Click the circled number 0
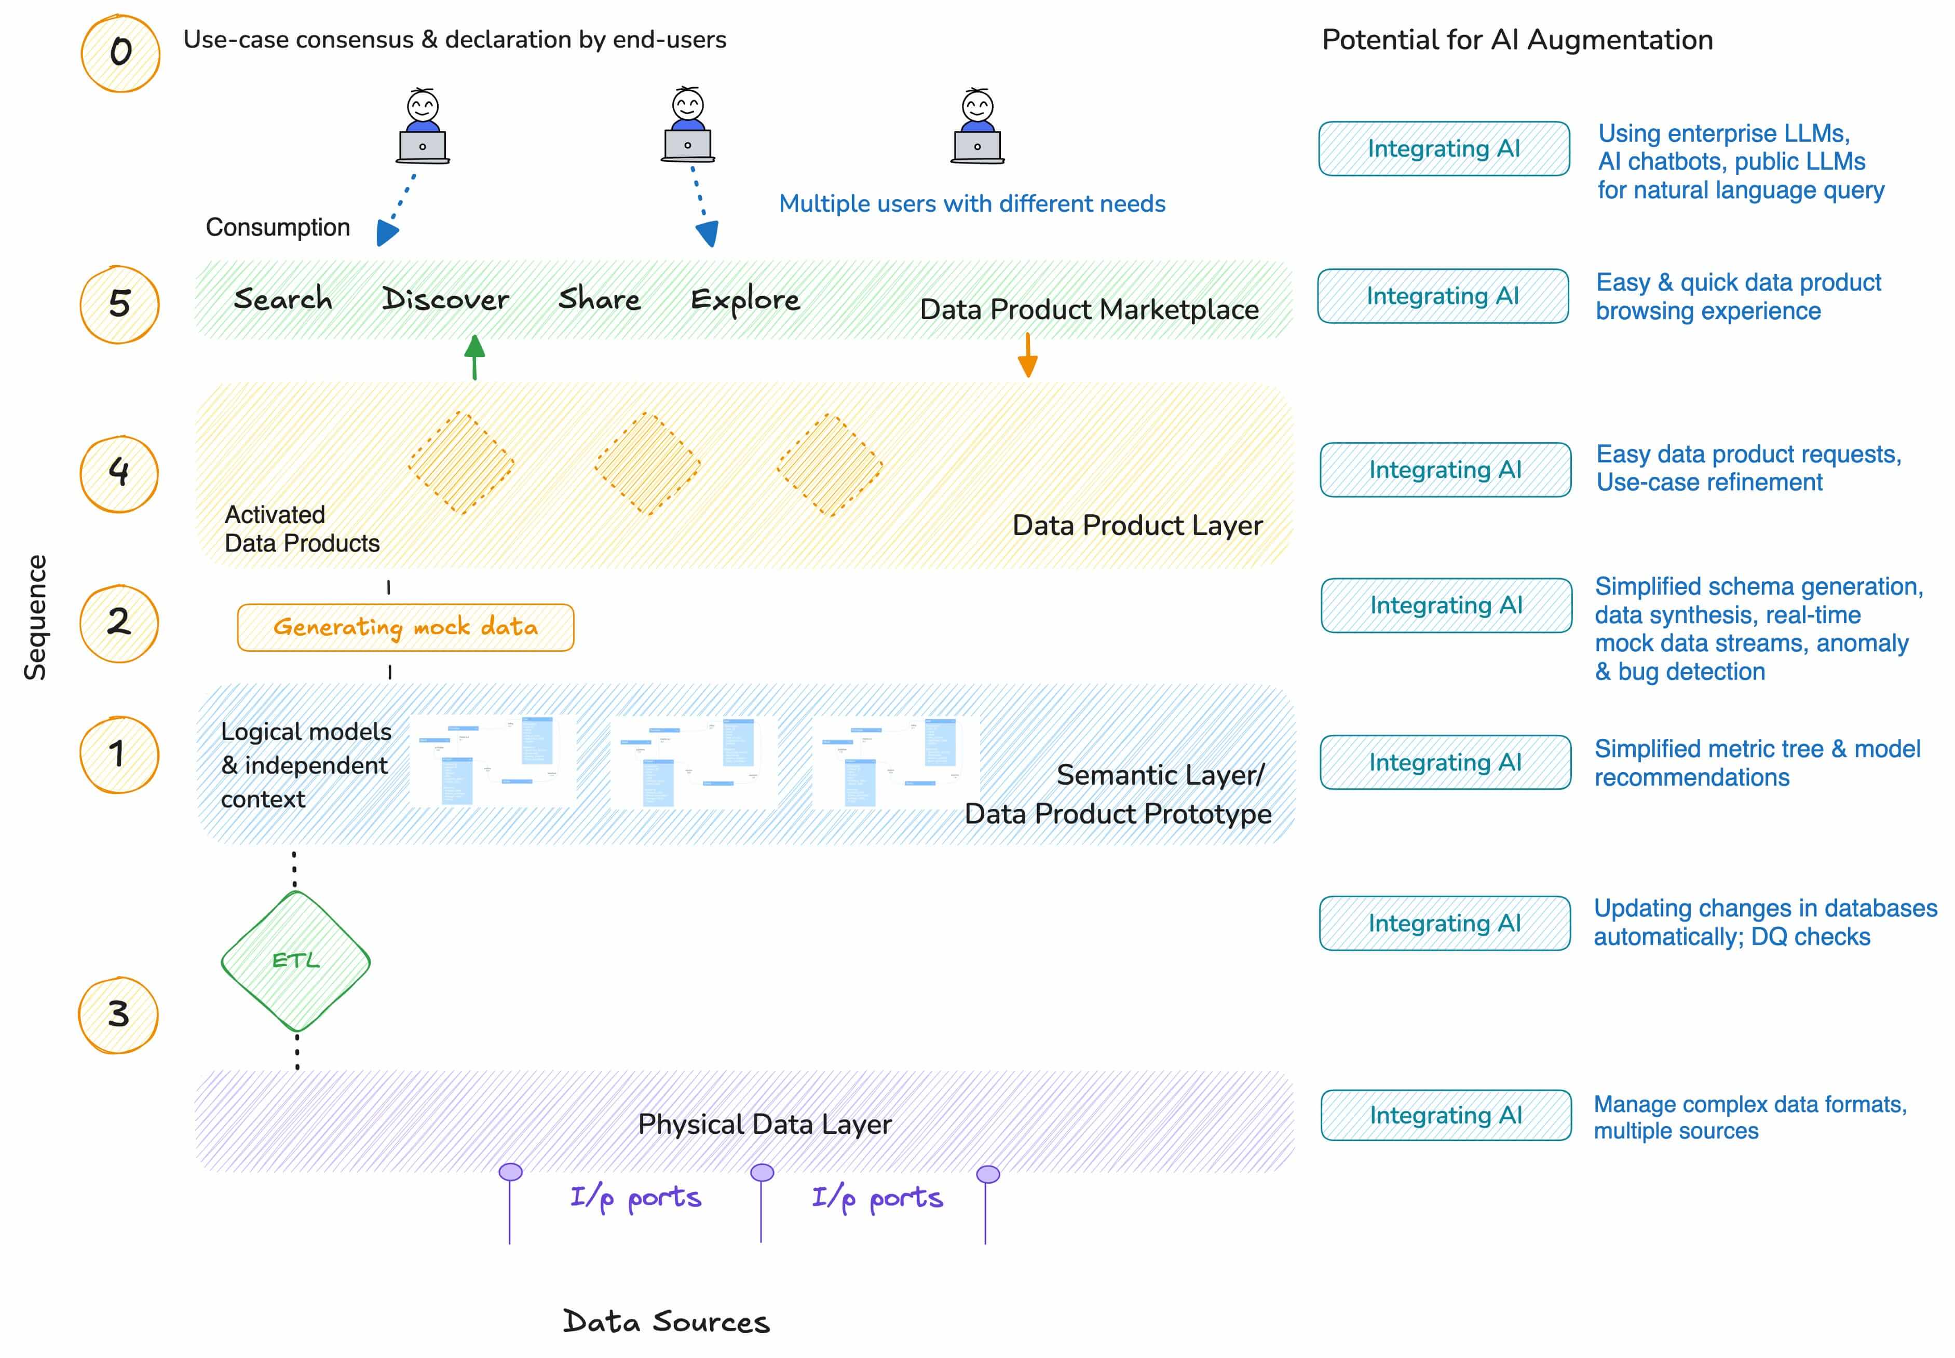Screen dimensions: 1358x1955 point(120,53)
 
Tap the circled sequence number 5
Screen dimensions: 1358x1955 point(119,304)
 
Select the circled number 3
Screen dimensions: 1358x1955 point(118,1014)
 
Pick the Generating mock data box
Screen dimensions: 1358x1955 point(405,627)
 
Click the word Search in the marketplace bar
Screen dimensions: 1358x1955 point(282,299)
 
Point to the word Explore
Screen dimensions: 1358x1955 point(745,299)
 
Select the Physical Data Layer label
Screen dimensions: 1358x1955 point(764,1124)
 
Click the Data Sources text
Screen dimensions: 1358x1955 point(666,1321)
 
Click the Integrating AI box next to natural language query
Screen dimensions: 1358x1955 point(1444,149)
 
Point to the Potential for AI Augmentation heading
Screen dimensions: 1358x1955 point(1517,40)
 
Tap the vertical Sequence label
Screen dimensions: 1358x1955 point(35,617)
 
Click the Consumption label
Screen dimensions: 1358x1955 point(277,227)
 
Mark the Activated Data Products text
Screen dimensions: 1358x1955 point(301,528)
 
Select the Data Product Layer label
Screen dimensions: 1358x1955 point(1137,525)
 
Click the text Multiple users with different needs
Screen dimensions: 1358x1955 point(971,203)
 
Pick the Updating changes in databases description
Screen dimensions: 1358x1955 point(1764,922)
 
